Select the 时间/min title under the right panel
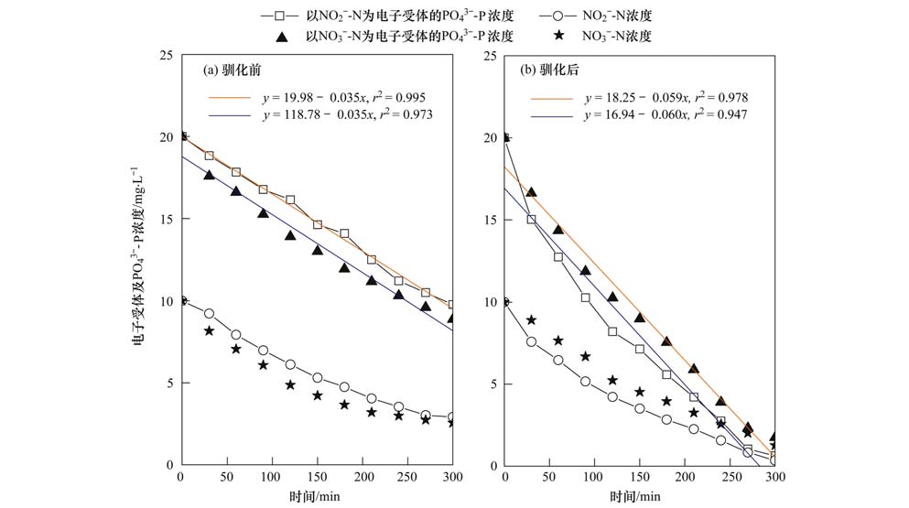tap(639, 495)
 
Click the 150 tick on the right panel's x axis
tap(639, 478)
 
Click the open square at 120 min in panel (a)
tap(290, 200)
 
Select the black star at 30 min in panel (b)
tap(531, 319)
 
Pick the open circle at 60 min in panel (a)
tap(236, 334)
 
